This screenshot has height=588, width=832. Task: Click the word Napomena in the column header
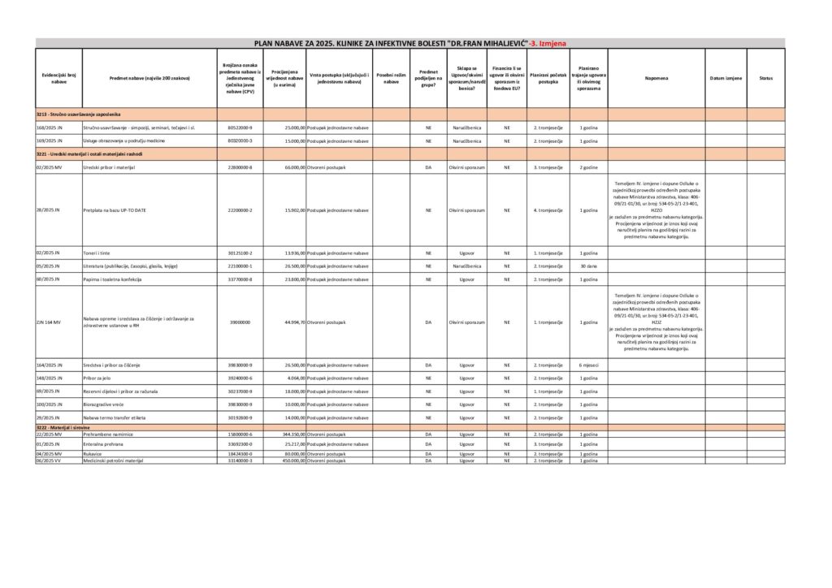(656, 78)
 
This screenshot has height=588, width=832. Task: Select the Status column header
(765, 78)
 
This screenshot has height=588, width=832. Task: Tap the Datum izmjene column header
(726, 78)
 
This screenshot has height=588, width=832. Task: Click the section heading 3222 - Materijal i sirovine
(63, 427)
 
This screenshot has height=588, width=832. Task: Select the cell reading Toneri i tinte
(100, 253)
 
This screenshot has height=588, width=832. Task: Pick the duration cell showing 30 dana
(588, 266)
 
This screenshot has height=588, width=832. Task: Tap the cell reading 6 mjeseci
(588, 365)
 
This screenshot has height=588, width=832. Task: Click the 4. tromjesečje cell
(548, 210)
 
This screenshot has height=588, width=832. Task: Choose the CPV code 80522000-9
(240, 128)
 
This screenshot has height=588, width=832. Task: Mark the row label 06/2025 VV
(49, 460)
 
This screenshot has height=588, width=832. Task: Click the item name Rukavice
(93, 454)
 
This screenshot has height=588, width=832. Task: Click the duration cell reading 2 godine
(588, 166)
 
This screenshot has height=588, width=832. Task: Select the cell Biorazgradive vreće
(105, 404)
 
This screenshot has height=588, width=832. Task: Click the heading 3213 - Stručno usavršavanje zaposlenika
(78, 115)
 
